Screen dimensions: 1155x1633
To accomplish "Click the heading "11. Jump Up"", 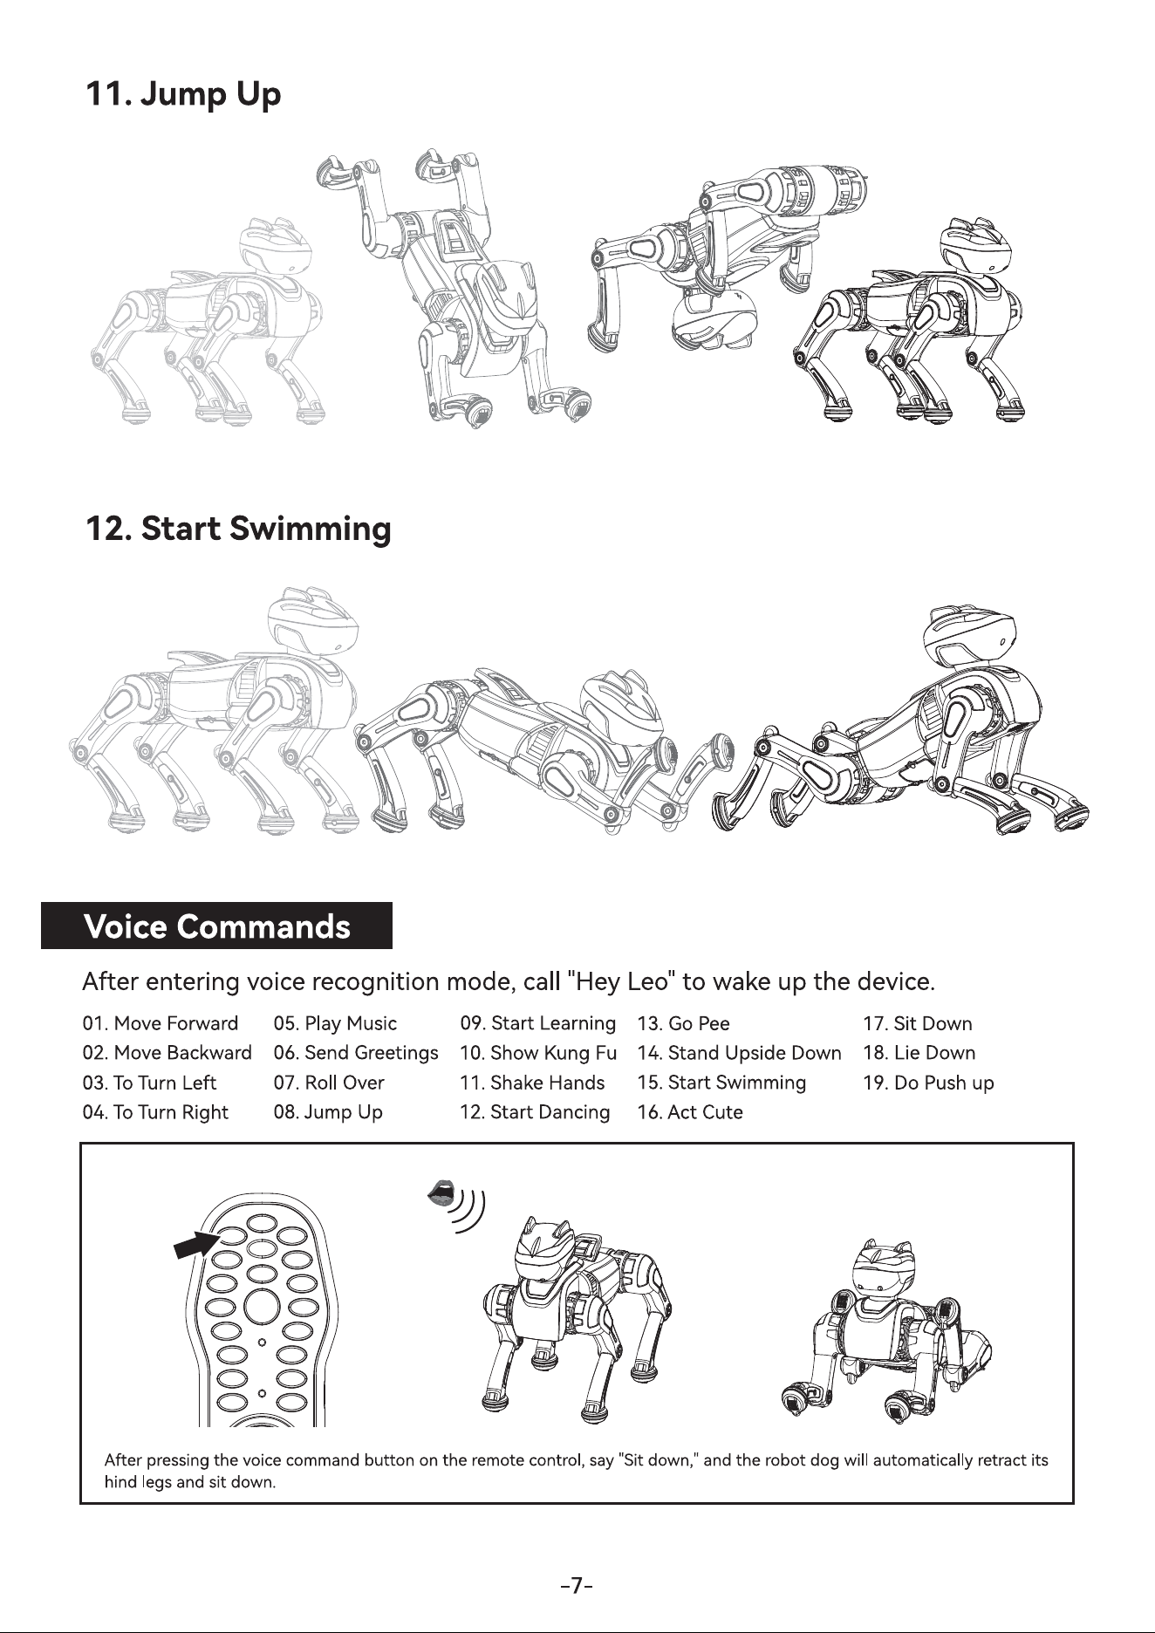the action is tap(183, 93).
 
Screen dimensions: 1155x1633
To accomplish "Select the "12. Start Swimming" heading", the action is tap(238, 530).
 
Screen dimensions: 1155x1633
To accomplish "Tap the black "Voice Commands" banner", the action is tap(217, 926).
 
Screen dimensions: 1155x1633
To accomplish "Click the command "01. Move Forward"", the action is tap(161, 1023).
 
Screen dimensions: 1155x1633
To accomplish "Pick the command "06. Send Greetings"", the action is tap(356, 1053).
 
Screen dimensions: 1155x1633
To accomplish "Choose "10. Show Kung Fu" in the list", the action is tap(538, 1053).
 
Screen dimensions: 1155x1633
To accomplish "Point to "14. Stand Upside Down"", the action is tap(740, 1053).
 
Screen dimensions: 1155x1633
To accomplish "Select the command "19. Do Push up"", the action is tap(928, 1083).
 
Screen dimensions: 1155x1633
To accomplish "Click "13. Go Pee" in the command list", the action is tap(684, 1023).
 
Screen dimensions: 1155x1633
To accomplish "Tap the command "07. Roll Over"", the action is tap(329, 1083).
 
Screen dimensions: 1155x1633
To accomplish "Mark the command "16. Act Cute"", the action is tap(690, 1112).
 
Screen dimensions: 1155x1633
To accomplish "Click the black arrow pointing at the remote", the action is tap(197, 1243).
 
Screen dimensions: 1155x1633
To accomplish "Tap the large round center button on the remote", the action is tap(262, 1307).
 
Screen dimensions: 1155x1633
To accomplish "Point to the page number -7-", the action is tap(577, 1585).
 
